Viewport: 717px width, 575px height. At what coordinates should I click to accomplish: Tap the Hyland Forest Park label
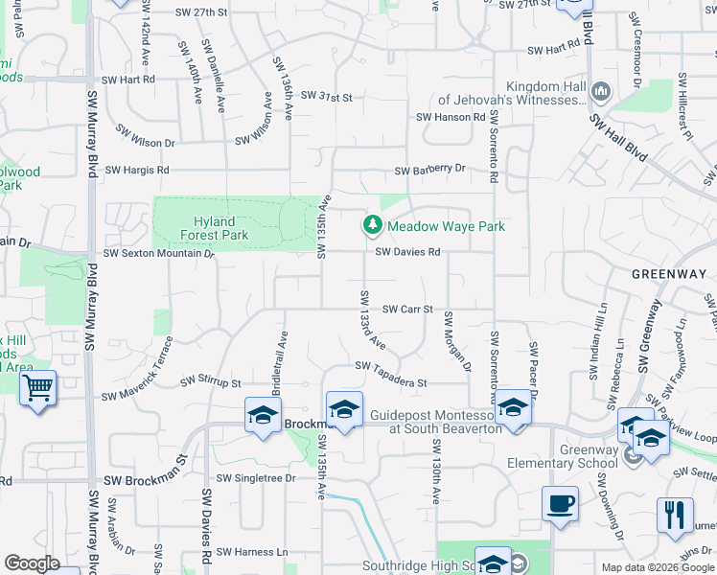(x=207, y=227)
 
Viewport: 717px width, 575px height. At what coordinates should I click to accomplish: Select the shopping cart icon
(x=37, y=388)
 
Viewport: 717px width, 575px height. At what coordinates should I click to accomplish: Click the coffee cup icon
(x=560, y=503)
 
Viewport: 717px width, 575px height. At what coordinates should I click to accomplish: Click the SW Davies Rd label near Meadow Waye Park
(x=407, y=253)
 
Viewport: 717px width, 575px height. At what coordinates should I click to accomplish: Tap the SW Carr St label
(x=408, y=310)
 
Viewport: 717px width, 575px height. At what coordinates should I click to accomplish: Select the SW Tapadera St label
(x=390, y=374)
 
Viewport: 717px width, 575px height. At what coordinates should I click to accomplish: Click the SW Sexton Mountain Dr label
(x=158, y=254)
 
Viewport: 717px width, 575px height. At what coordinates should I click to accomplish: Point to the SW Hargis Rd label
(x=136, y=171)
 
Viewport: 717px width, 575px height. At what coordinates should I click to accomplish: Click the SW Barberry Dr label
(x=430, y=170)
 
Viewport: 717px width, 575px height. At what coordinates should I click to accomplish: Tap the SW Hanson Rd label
(x=451, y=117)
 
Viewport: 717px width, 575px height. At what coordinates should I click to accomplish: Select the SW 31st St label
(x=327, y=97)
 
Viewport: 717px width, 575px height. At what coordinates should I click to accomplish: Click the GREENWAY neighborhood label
(x=669, y=274)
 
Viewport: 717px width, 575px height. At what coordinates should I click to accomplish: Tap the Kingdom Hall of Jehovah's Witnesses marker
(x=601, y=93)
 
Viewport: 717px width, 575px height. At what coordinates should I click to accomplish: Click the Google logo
(x=32, y=563)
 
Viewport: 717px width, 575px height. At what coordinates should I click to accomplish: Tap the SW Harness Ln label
(x=251, y=552)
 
